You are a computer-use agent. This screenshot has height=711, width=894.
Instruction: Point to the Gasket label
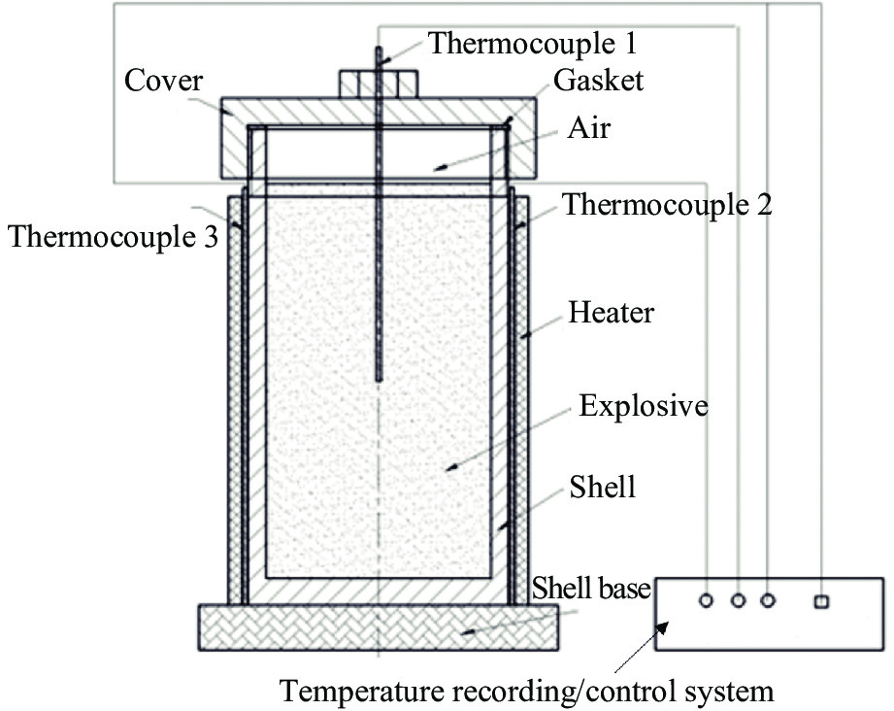(x=598, y=81)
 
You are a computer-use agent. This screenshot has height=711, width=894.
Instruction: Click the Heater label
(x=612, y=313)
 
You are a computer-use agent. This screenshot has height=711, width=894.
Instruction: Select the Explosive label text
(x=643, y=405)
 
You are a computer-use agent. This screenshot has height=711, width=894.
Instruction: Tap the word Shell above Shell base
(x=603, y=485)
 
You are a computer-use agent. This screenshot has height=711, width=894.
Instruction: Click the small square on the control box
(x=821, y=601)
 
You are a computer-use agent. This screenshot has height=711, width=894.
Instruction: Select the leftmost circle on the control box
(x=707, y=601)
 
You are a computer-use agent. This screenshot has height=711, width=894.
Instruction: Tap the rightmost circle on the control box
(x=769, y=601)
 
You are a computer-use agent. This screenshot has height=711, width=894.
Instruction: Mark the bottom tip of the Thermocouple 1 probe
(x=378, y=378)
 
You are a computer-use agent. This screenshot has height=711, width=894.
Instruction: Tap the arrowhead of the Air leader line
(x=438, y=168)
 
